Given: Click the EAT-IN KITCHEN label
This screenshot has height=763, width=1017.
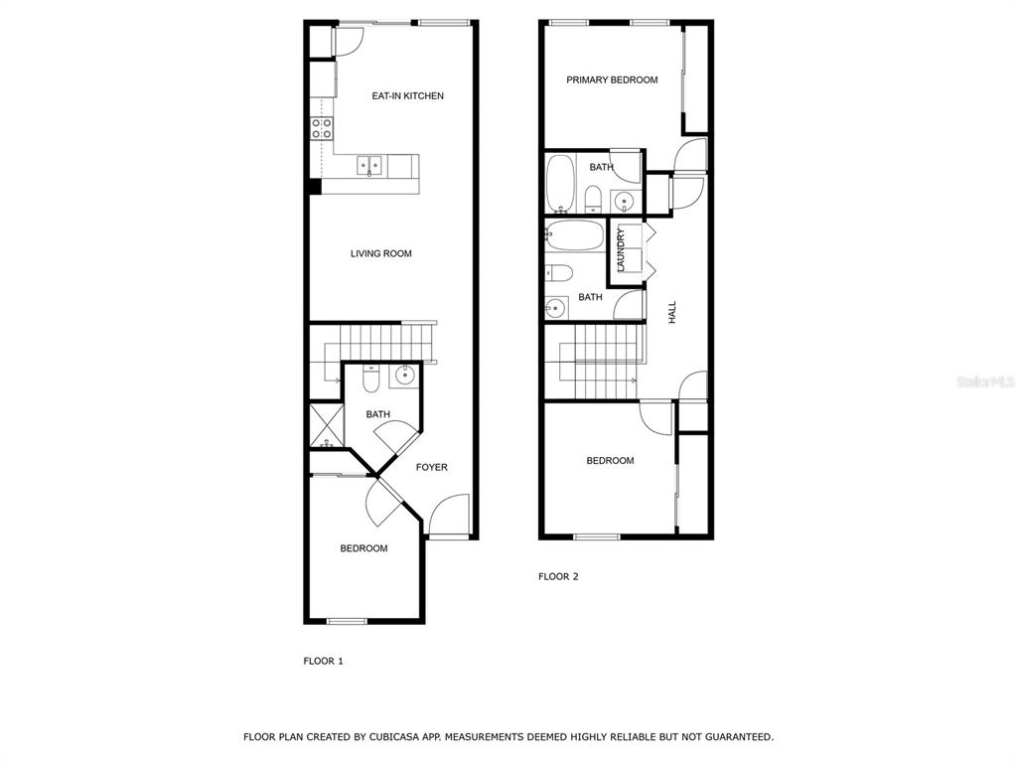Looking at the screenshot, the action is [407, 96].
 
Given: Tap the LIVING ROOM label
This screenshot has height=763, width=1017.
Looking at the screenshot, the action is [380, 253].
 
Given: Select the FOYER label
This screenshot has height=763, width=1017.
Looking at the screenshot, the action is [431, 467].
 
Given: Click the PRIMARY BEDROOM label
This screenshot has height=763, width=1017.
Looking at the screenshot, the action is [612, 79].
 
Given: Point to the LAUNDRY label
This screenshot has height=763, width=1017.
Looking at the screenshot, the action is [621, 249].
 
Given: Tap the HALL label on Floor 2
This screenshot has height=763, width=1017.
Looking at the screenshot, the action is [672, 312].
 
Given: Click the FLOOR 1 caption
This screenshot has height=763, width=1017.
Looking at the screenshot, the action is [323, 661].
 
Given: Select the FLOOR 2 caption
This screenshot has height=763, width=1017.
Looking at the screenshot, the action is [558, 576].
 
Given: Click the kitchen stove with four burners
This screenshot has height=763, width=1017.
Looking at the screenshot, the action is [322, 128].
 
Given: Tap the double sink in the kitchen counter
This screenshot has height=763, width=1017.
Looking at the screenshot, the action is [369, 166].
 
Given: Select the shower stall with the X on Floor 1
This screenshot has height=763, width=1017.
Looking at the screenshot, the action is [326, 425].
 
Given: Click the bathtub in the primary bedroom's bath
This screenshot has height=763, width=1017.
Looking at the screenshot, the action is [560, 183].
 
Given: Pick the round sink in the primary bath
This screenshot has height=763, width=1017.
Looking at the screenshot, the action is [625, 201].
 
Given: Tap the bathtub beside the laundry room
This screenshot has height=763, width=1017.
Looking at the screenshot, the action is [575, 235].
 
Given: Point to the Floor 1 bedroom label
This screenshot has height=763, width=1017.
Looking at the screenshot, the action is [363, 548].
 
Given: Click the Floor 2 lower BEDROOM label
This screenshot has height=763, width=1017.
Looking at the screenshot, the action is [610, 461].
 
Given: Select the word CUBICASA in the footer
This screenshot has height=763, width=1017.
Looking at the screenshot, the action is [391, 737].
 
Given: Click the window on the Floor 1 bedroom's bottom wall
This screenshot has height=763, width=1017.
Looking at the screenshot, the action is [347, 622].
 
